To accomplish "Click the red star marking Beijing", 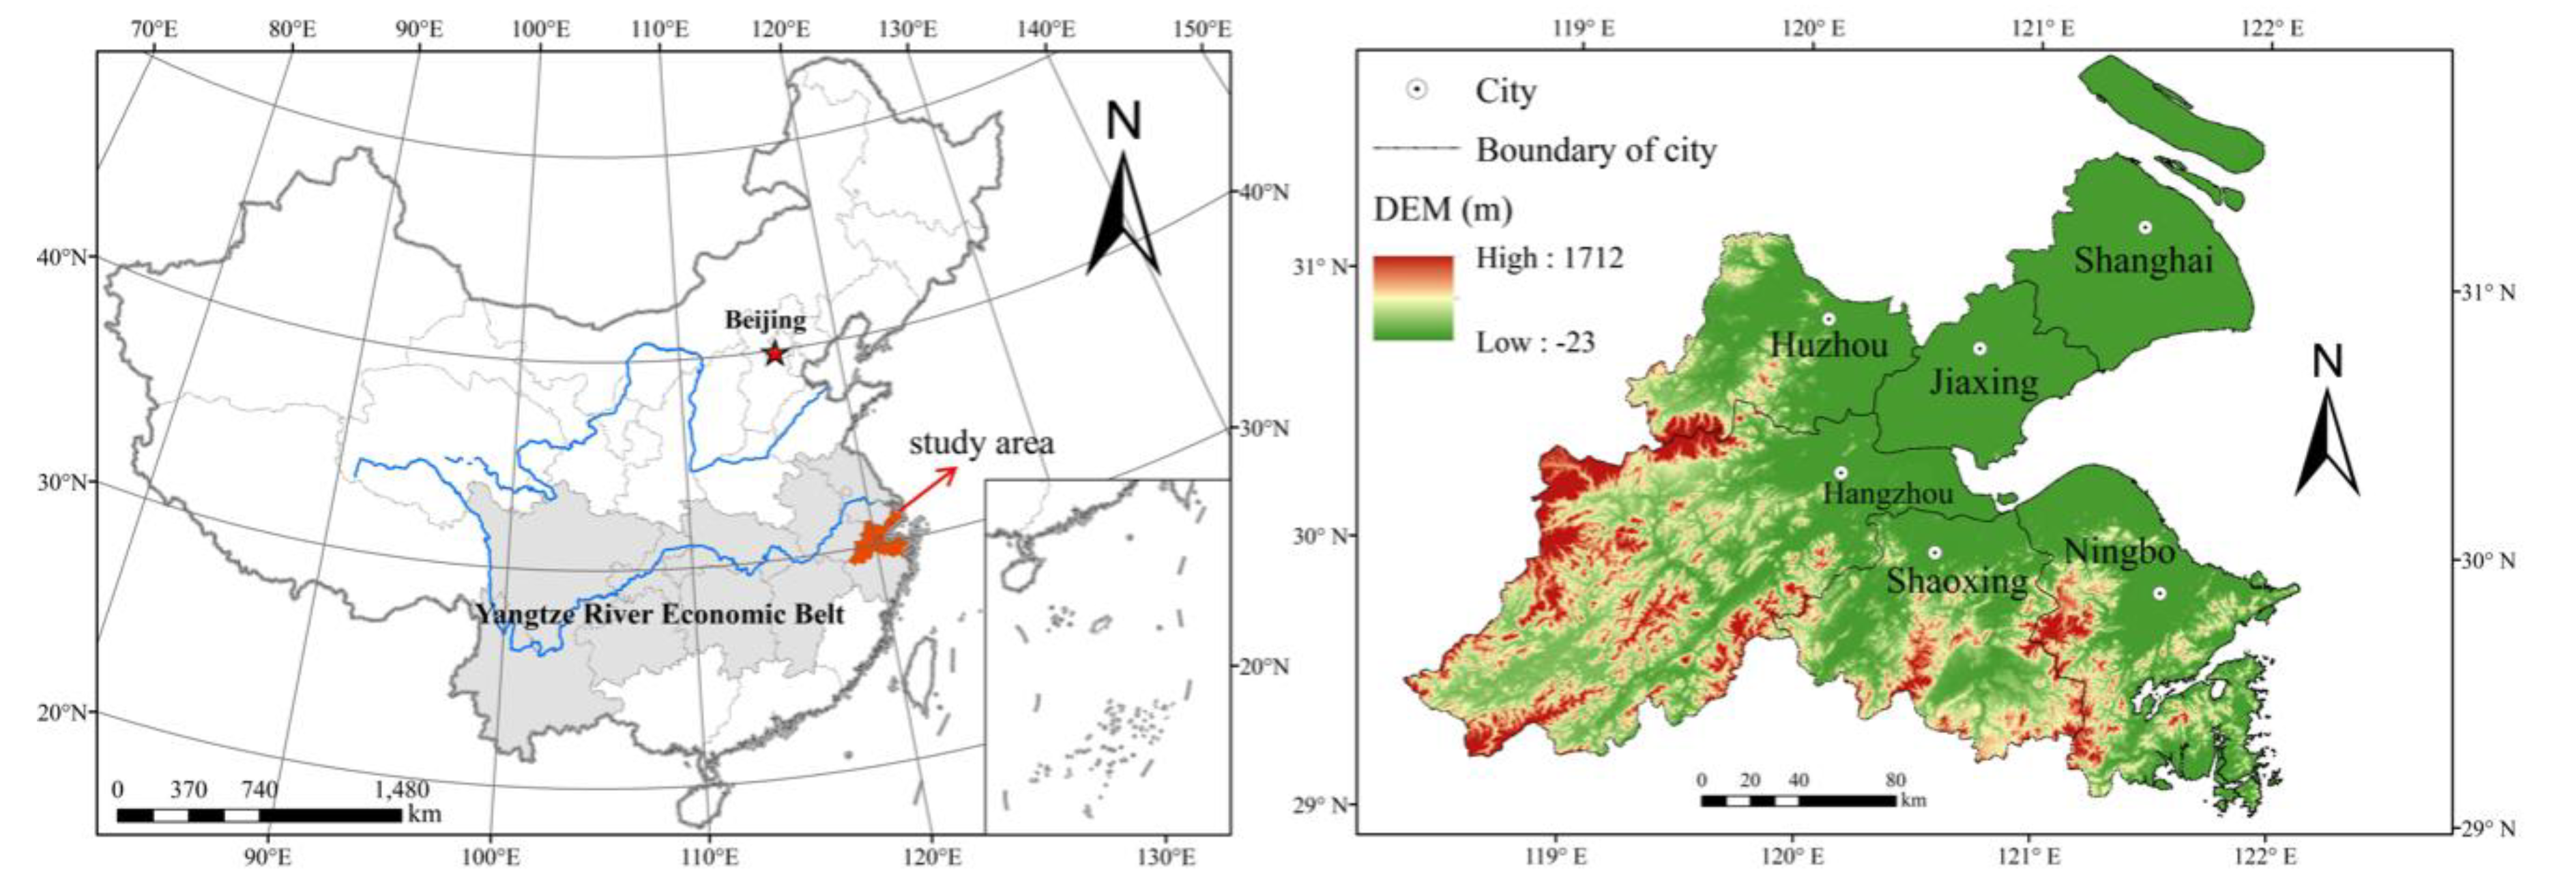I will pyautogui.click(x=774, y=353).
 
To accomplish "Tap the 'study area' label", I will pyautogui.click(x=980, y=443).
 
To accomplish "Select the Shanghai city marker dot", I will pyautogui.click(x=2145, y=226).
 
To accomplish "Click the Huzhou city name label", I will pyautogui.click(x=1829, y=344).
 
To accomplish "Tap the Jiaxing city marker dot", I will pyautogui.click(x=1979, y=348).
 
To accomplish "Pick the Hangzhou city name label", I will pyautogui.click(x=1888, y=492).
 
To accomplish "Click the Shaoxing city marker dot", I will pyautogui.click(x=1934, y=552).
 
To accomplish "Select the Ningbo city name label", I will pyautogui.click(x=2119, y=552).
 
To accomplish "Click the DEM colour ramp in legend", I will pyautogui.click(x=1412, y=298).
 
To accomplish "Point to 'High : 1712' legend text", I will pyautogui.click(x=1549, y=258).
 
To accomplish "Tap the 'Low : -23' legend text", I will pyautogui.click(x=1535, y=342).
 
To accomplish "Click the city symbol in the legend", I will pyautogui.click(x=1417, y=90).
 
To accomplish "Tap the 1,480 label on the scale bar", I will pyautogui.click(x=402, y=789).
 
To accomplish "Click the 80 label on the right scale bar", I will pyautogui.click(x=1895, y=780).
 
